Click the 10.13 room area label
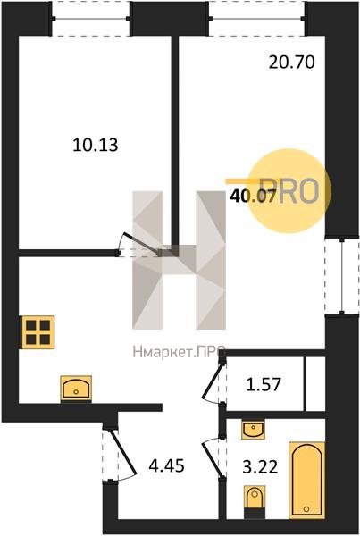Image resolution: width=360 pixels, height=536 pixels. coord(96,145)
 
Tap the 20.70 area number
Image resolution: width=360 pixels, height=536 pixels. coord(291,63)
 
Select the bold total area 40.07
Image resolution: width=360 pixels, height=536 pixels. coord(253,197)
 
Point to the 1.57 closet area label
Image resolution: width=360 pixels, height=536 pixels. coord(264,384)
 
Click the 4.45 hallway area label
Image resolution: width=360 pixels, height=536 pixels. coord(167,465)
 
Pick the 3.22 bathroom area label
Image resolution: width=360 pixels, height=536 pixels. coord(260,467)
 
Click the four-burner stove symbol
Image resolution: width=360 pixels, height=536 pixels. coord(38,332)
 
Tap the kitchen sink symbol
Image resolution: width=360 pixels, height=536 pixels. coord(76,388)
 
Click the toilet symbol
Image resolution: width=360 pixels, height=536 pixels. coord(254,500)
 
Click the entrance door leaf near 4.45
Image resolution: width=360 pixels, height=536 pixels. coord(123,452)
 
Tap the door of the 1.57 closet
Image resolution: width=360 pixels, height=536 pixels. coord(212,381)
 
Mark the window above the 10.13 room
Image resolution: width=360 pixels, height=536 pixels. coord(91,19)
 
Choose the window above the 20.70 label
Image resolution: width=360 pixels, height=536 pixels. coord(257,19)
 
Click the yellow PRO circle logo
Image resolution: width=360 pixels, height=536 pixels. coord(289,191)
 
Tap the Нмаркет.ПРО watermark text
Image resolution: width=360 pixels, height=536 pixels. coord(179,352)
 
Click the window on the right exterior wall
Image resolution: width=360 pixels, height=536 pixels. coord(342,276)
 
